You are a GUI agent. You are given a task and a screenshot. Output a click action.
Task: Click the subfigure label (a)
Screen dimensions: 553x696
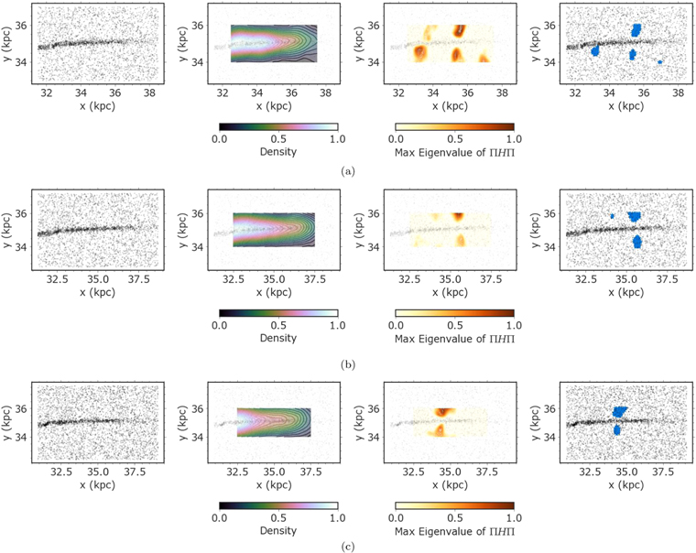pyautogui.click(x=348, y=171)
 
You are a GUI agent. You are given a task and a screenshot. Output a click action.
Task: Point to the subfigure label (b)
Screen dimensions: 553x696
pyautogui.click(x=348, y=364)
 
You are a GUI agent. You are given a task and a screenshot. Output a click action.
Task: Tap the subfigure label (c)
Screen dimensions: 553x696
pyautogui.click(x=348, y=547)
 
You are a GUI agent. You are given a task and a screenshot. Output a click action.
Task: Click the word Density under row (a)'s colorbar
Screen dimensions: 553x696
pyautogui.click(x=278, y=151)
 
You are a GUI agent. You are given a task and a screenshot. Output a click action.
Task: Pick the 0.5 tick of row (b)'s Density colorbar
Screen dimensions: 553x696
pyautogui.click(x=278, y=324)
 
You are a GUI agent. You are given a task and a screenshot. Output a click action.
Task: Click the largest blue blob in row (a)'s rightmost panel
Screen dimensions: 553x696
pyautogui.click(x=636, y=29)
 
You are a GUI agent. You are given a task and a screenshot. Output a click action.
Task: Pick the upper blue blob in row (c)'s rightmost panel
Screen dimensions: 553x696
pyautogui.click(x=620, y=413)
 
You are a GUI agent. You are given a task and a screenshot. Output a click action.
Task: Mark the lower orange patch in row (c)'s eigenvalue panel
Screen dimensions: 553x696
pyautogui.click(x=440, y=429)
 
